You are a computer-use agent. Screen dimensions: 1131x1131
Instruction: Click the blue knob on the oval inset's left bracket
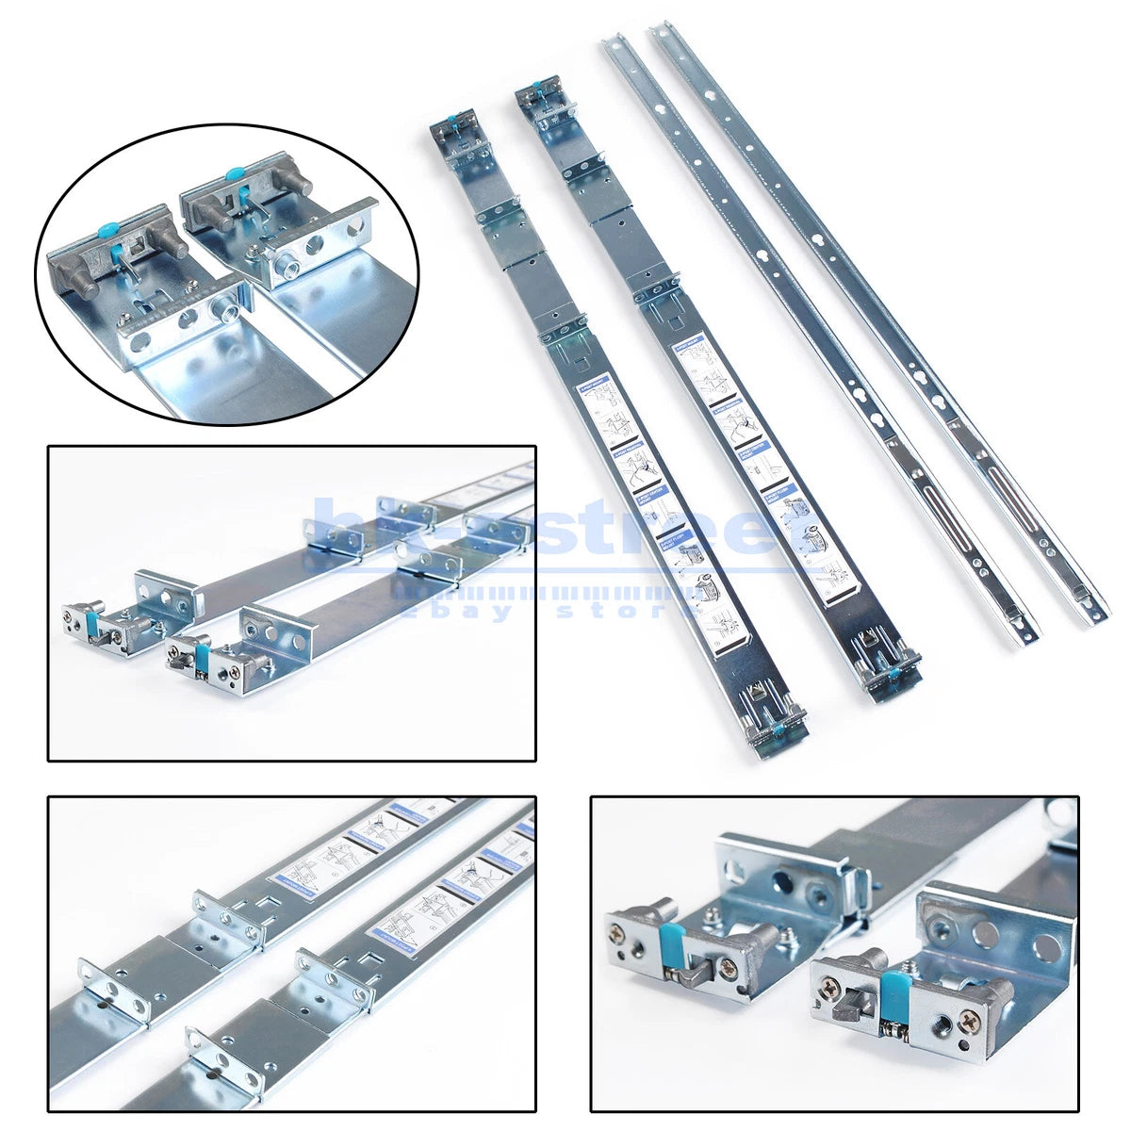[x=110, y=228]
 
